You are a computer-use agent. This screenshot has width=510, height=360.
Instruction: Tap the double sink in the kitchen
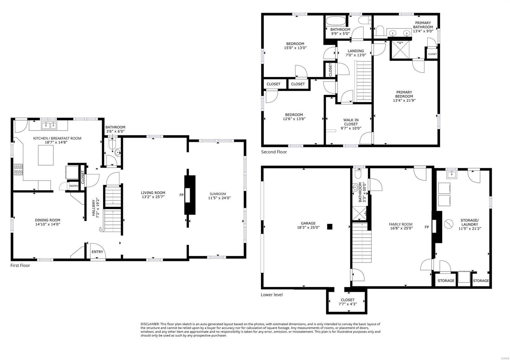click(x=49, y=126)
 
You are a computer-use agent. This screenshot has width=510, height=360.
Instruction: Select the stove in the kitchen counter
click(x=18, y=170)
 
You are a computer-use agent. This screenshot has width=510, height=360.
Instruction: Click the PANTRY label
click(x=74, y=186)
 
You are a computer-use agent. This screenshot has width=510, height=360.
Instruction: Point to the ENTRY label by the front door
click(x=97, y=252)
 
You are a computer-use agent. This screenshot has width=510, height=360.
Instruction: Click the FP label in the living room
click(x=181, y=195)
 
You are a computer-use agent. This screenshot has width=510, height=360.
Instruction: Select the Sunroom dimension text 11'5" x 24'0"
click(x=219, y=198)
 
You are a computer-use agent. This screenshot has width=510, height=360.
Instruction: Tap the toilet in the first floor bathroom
click(x=112, y=145)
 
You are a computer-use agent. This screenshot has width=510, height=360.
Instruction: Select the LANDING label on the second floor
click(x=356, y=51)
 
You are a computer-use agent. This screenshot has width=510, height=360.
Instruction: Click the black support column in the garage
click(x=330, y=227)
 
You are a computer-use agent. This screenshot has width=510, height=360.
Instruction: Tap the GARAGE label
click(x=308, y=223)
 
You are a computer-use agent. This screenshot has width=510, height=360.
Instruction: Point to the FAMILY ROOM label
click(x=400, y=224)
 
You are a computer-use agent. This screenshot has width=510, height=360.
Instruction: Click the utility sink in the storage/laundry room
click(x=451, y=174)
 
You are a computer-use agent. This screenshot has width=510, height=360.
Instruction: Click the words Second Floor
click(x=274, y=152)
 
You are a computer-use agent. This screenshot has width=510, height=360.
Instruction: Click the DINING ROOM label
click(x=47, y=220)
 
